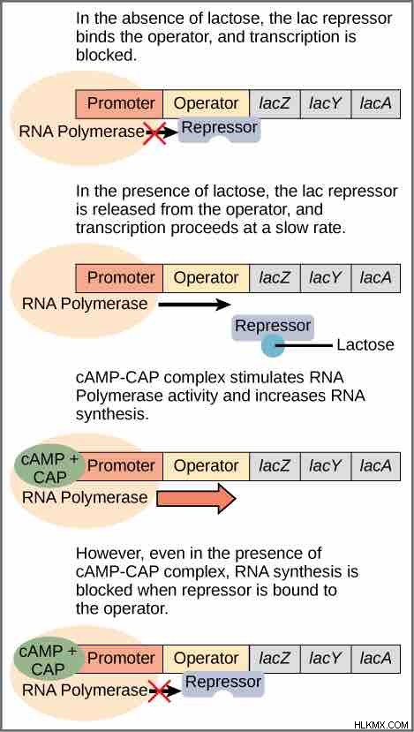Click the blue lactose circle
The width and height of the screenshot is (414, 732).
(273, 346)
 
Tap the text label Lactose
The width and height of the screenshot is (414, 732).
(365, 345)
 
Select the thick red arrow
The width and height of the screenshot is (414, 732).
(196, 498)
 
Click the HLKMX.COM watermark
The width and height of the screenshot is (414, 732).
(381, 725)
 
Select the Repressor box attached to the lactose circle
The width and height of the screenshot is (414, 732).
(273, 327)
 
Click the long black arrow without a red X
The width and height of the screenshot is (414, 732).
(195, 306)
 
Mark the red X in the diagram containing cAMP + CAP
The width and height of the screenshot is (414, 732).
(159, 690)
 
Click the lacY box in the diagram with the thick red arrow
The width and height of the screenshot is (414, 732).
(326, 466)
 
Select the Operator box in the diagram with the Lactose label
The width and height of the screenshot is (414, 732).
(207, 278)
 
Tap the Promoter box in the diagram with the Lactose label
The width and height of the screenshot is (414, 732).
(119, 278)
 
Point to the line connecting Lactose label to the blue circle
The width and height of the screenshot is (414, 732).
(305, 346)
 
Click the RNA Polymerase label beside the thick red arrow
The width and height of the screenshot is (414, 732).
(85, 498)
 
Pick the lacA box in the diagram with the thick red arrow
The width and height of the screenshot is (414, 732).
(376, 466)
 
